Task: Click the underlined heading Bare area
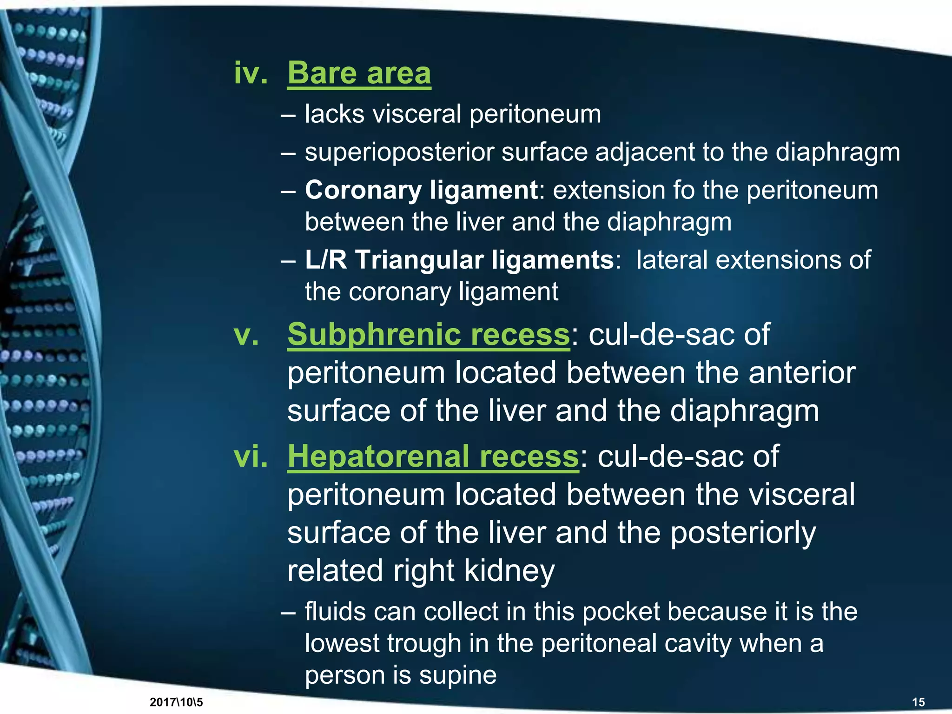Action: pyautogui.click(x=359, y=73)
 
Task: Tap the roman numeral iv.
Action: pyautogui.click(x=251, y=73)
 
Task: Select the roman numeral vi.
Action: pyautogui.click(x=251, y=456)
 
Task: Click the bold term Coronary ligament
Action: pyautogui.click(x=421, y=190)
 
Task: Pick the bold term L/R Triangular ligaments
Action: pyautogui.click(x=459, y=260)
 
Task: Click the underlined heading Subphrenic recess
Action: pyautogui.click(x=428, y=334)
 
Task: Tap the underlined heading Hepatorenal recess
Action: pyautogui.click(x=433, y=456)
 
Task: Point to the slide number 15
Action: pyautogui.click(x=919, y=702)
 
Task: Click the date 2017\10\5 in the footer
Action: pyautogui.click(x=176, y=702)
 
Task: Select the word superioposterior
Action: pyautogui.click(x=399, y=152)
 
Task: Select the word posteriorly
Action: pyautogui.click(x=743, y=533)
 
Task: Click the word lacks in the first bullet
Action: pyautogui.click(x=334, y=114)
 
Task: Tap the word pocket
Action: pyautogui.click(x=621, y=612)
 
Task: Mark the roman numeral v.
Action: pyautogui.click(x=246, y=334)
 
